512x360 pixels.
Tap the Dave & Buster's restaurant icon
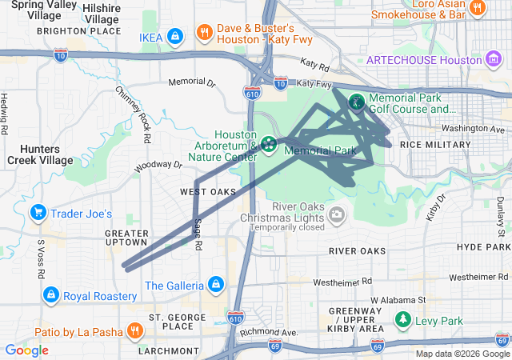click(x=204, y=33)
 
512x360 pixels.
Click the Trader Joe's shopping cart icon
click(x=37, y=214)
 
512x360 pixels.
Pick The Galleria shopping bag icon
click(x=214, y=285)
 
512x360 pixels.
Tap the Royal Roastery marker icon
click(x=51, y=295)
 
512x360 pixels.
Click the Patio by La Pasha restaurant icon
click(x=134, y=330)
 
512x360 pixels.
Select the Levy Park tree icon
click(x=403, y=321)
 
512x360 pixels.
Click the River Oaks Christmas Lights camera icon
click(x=337, y=214)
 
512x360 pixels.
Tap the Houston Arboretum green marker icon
click(x=268, y=145)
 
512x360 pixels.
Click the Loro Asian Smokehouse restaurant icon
click(x=478, y=9)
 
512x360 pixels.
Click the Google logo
click(x=26, y=350)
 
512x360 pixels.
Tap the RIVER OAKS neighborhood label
click(x=358, y=251)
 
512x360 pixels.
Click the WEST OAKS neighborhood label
click(x=208, y=192)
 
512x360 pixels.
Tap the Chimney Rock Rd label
click(x=134, y=117)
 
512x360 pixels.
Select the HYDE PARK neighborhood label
click(x=483, y=247)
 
